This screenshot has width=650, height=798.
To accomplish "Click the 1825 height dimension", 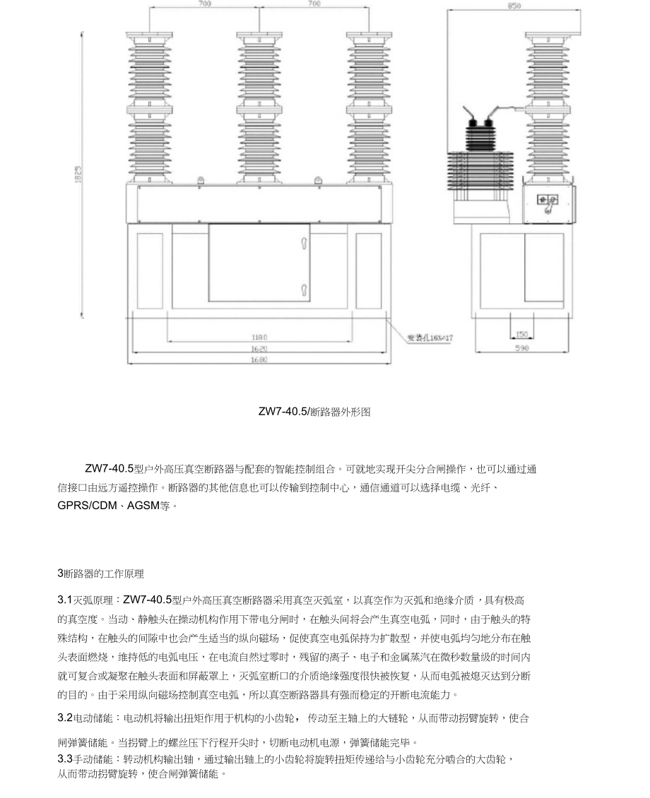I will pos(78,174).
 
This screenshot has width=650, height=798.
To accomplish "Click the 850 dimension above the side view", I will pos(514,6).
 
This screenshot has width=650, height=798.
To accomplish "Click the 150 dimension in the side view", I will pos(521,334).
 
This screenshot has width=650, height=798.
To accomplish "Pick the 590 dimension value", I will pos(521,347).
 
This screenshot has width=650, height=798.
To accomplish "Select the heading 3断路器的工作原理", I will pos(101,573).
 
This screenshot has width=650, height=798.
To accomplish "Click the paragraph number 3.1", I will pos(65,600).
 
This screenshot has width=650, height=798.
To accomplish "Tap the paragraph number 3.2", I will pos(65,718).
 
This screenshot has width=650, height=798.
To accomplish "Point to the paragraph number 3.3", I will pos(65,758).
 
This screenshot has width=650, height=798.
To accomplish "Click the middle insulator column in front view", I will pos(259,106).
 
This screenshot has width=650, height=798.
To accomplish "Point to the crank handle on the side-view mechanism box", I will pos(547,203).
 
